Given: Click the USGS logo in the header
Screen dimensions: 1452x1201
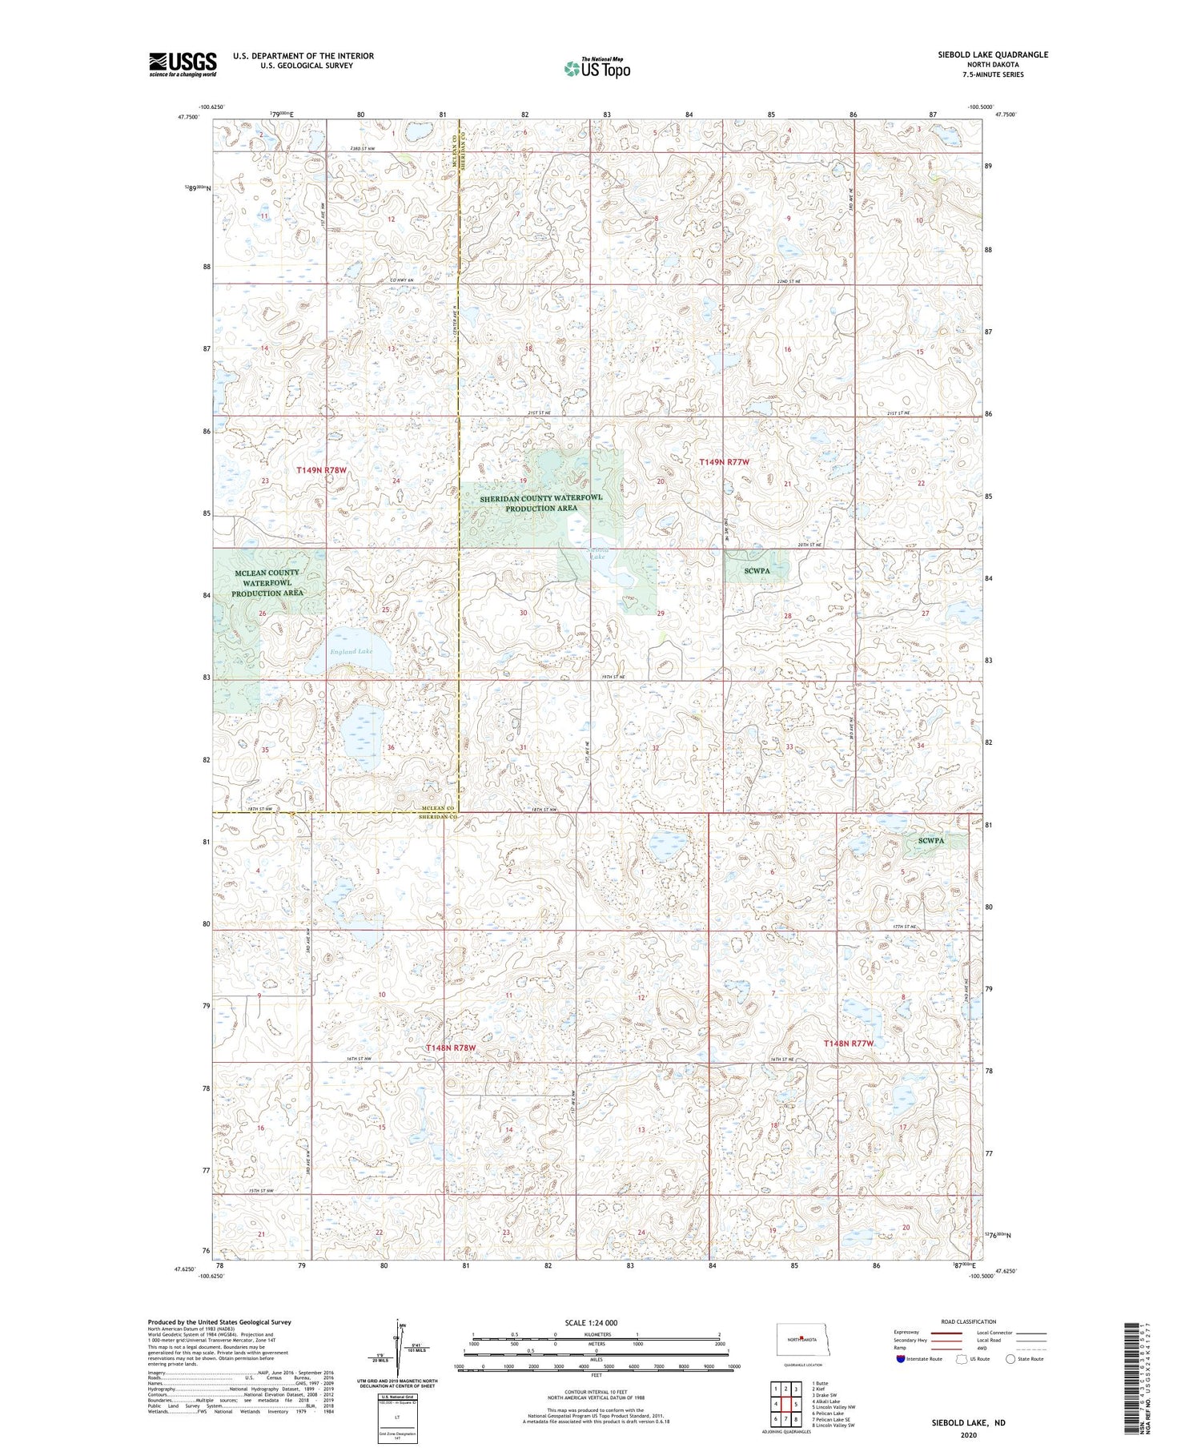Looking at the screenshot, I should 183,64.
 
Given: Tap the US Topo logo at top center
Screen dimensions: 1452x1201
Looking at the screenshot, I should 596,68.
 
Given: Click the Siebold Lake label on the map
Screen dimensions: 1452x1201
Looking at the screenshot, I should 597,553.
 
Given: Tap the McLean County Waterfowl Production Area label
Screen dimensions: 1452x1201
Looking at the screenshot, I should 267,583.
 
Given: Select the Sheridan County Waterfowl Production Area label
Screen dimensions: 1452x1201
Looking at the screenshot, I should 540,503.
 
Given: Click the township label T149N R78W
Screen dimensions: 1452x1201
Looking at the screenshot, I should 321,470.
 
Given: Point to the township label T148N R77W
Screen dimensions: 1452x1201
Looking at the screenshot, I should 849,1044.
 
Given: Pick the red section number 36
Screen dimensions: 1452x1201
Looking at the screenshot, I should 391,747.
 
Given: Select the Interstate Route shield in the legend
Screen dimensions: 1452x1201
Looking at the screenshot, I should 901,1359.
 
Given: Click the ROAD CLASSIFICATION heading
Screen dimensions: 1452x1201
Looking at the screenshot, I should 969,1321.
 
